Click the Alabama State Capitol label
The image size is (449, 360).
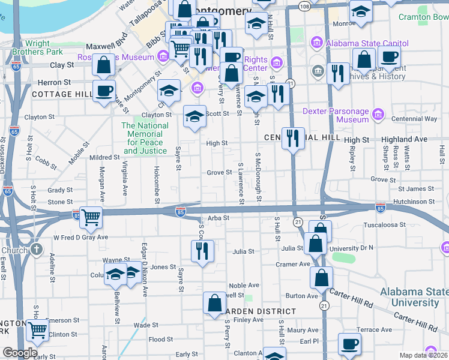point(367,43)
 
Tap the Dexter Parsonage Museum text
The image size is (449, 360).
point(336,115)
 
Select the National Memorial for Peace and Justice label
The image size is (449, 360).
point(145,138)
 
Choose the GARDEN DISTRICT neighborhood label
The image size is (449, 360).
point(259,311)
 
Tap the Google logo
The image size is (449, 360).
point(20,352)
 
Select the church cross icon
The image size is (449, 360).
point(37,248)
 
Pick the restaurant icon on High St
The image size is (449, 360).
point(292,137)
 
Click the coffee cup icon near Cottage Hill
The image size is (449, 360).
point(104,90)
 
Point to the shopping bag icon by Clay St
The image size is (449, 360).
point(104,65)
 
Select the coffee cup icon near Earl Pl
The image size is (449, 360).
point(349,344)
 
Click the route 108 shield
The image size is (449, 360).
point(305,5)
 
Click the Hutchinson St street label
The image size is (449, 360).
point(414,202)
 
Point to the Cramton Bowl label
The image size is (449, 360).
point(423,17)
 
